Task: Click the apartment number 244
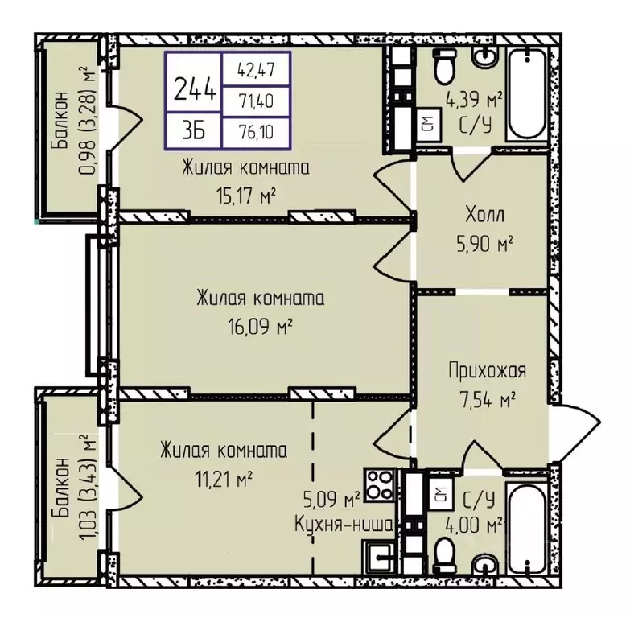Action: pyautogui.click(x=195, y=89)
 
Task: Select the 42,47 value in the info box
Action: pyautogui.click(x=256, y=70)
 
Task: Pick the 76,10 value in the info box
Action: pyautogui.click(x=256, y=131)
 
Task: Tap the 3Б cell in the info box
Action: pyautogui.click(x=194, y=131)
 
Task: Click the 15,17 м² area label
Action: pyautogui.click(x=245, y=196)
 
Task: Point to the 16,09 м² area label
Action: pyautogui.click(x=260, y=326)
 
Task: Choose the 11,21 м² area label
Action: pyautogui.click(x=224, y=479)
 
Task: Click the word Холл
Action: pyautogui.click(x=484, y=215)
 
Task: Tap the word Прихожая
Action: pyautogui.click(x=487, y=370)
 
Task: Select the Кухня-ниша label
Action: pyautogui.click(x=344, y=525)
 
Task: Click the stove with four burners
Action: pyautogui.click(x=379, y=484)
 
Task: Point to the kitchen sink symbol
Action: pyautogui.click(x=378, y=555)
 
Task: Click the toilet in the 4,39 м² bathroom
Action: pyautogui.click(x=444, y=66)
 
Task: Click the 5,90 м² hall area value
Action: pyautogui.click(x=484, y=243)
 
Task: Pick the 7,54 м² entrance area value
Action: pyautogui.click(x=488, y=399)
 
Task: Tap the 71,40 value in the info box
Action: pyautogui.click(x=256, y=101)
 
